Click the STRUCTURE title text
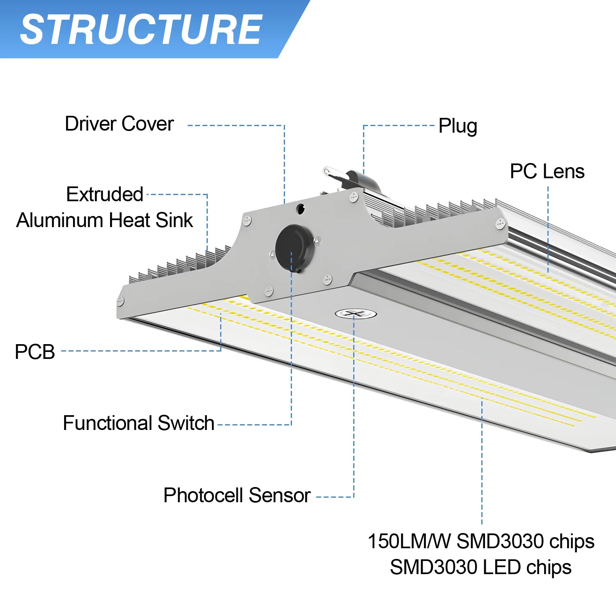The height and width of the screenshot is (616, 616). (141, 29)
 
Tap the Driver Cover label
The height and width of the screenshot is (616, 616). (119, 124)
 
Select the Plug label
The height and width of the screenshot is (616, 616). (457, 126)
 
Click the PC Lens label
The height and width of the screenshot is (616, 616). (547, 171)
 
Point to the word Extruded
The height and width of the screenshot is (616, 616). (105, 194)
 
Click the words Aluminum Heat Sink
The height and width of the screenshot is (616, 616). (105, 220)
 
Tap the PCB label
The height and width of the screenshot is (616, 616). (35, 352)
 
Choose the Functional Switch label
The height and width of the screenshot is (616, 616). (138, 423)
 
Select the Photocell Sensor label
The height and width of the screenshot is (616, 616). (237, 495)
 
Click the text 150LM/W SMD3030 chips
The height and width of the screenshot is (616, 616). (480, 541)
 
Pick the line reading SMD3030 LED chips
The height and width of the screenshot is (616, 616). (480, 568)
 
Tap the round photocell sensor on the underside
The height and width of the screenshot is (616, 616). (356, 314)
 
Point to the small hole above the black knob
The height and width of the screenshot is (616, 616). (301, 209)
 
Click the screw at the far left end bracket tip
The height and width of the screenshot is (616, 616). (120, 301)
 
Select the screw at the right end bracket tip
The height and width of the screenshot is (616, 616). (500, 224)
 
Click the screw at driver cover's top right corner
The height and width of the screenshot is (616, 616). (354, 198)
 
